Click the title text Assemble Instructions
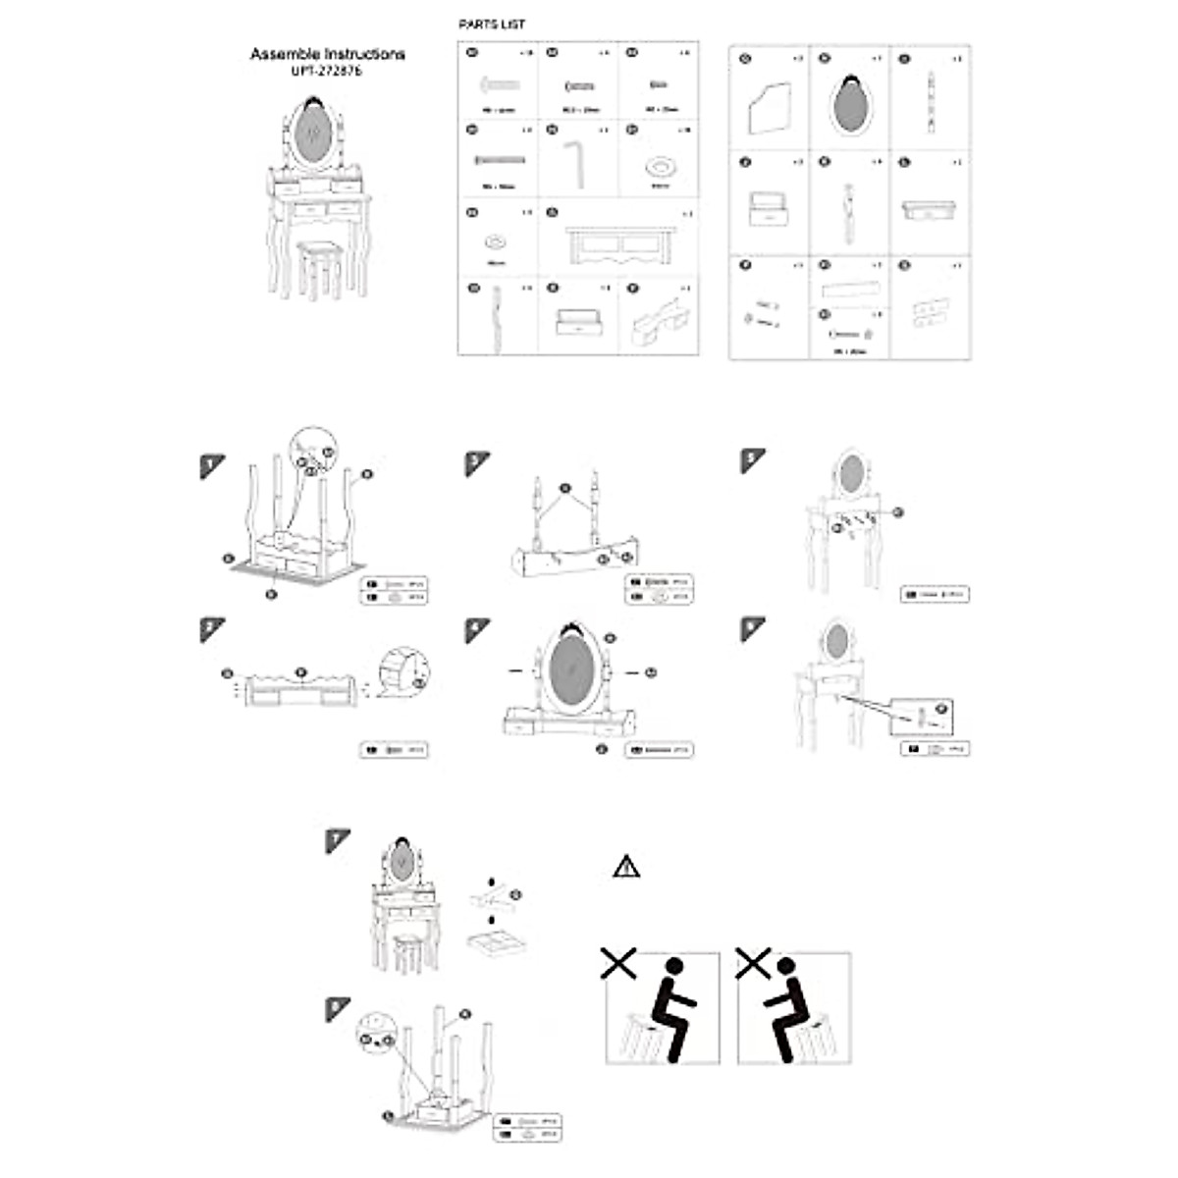click(x=327, y=54)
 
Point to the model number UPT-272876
click(x=327, y=72)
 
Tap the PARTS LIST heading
click(x=492, y=25)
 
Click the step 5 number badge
click(x=752, y=459)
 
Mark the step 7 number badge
click(x=337, y=840)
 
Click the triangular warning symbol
click(x=626, y=867)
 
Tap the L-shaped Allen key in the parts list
click(x=577, y=161)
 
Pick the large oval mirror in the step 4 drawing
click(x=570, y=674)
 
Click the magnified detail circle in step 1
click(x=313, y=454)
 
